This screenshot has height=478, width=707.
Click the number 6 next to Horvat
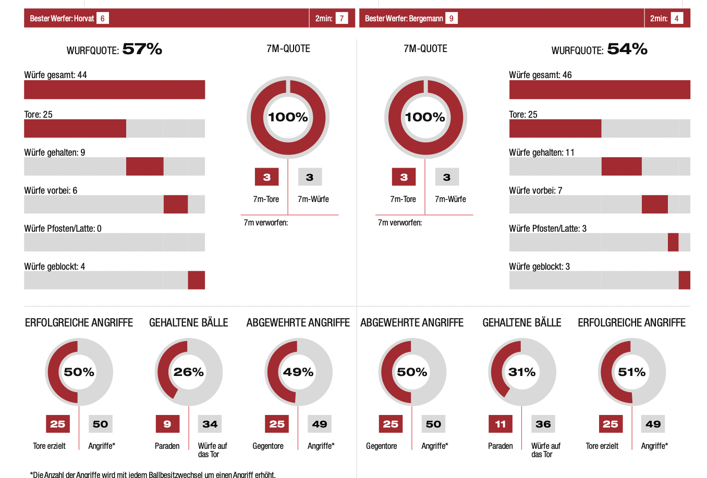[x=102, y=18]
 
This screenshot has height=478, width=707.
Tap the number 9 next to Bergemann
[x=451, y=18]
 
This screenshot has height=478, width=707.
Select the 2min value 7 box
[x=342, y=18]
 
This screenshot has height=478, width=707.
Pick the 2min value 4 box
[x=677, y=18]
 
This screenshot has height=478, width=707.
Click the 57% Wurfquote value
[x=142, y=49]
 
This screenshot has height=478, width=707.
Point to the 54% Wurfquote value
[x=627, y=49]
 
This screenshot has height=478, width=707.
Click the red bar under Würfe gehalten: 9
[x=145, y=167]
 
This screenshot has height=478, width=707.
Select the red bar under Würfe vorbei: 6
[x=176, y=205]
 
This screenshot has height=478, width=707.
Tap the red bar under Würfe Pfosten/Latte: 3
[x=673, y=243]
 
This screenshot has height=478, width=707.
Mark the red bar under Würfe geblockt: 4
[x=197, y=280]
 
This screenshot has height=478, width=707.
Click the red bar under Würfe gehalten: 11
[x=621, y=167]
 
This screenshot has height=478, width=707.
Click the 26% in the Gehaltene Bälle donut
[x=189, y=372]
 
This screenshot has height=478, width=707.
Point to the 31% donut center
[x=522, y=372]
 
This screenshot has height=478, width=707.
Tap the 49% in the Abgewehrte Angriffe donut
[x=298, y=372]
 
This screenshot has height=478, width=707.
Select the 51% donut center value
[x=632, y=372]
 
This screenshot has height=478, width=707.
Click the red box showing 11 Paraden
[x=501, y=424]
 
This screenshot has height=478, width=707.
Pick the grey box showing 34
[x=210, y=424]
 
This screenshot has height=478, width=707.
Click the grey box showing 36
[x=543, y=424]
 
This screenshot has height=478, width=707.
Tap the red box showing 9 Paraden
[x=167, y=424]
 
